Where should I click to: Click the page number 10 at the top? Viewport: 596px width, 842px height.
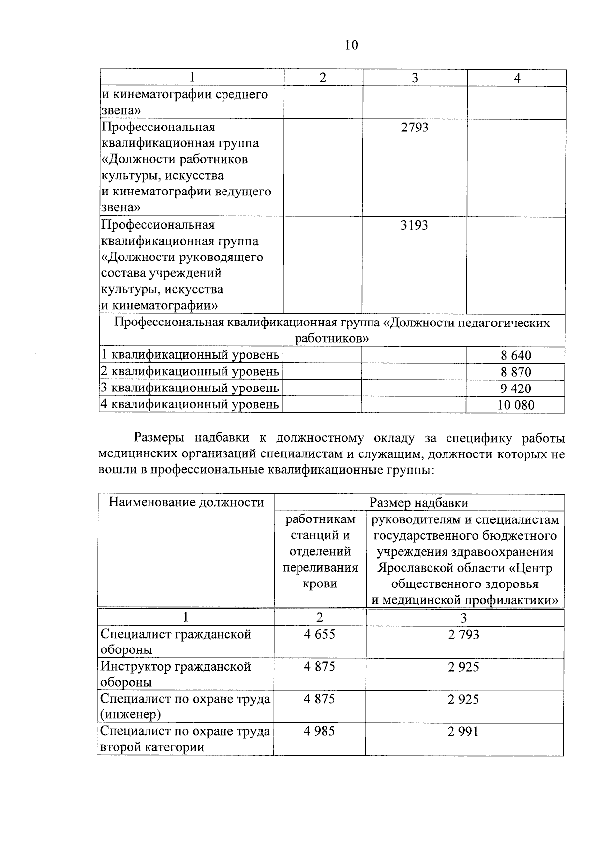[351, 45]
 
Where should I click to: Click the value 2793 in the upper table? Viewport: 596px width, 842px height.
[414, 128]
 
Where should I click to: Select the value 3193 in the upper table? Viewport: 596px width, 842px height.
[414, 226]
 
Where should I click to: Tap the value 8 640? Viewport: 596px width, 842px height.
[516, 355]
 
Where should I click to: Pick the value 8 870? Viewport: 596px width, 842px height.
[516, 372]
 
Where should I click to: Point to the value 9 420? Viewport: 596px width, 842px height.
[516, 389]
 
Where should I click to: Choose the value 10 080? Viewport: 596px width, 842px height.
[516, 405]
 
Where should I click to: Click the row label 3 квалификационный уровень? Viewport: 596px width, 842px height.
[190, 388]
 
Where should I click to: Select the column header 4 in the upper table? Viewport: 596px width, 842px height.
[517, 78]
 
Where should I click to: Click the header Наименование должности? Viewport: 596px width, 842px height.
[186, 502]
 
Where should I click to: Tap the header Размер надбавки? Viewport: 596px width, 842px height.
[419, 503]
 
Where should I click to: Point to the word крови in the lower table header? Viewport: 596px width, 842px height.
[320, 583]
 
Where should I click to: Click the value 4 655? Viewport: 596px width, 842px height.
[320, 634]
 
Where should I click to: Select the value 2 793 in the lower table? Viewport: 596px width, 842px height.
[464, 634]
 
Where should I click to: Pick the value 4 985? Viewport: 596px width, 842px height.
[320, 731]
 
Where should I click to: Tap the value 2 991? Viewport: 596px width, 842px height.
[464, 731]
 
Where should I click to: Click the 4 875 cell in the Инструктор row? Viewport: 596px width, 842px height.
[320, 666]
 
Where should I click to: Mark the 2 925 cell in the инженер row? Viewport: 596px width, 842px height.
[464, 699]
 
